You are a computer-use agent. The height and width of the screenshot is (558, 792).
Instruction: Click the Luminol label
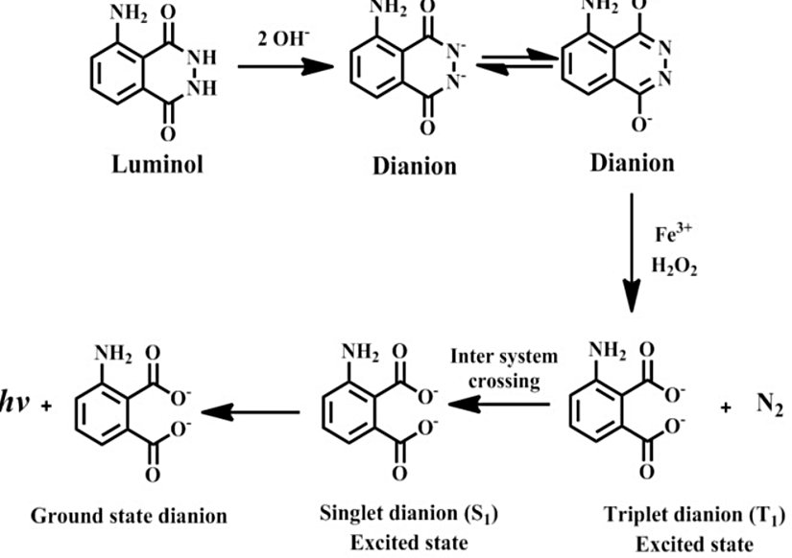153,163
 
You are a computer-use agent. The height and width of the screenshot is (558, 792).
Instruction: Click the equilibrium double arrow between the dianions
516,63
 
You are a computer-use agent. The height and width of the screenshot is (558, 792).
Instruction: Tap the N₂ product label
770,405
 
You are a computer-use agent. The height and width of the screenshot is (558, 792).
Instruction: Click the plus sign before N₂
726,407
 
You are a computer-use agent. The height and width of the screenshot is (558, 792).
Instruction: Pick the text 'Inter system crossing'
504,367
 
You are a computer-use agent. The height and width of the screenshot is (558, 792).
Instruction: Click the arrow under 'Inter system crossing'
500,406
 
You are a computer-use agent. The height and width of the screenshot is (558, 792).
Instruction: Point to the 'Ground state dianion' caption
130,516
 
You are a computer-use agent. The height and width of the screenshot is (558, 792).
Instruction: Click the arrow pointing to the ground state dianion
249,412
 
